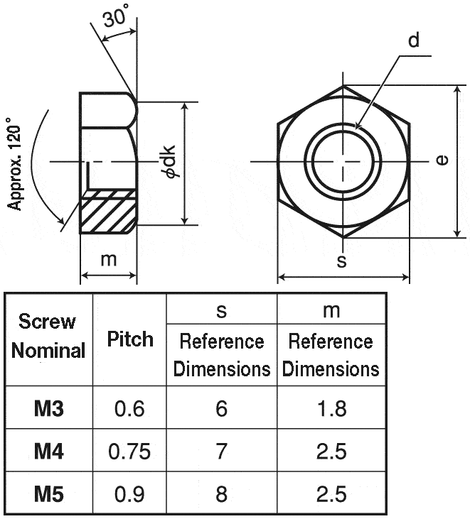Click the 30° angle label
(x=115, y=17)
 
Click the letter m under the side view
(x=108, y=260)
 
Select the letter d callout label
(x=413, y=40)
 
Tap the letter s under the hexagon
(x=342, y=261)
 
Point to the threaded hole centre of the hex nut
(x=343, y=161)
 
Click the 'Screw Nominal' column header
(x=48, y=336)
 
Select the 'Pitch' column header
(x=130, y=339)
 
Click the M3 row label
(x=49, y=408)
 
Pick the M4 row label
(x=49, y=451)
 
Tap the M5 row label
(x=49, y=493)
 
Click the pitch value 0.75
(x=130, y=451)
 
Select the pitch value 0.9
(x=130, y=493)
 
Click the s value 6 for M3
(x=222, y=408)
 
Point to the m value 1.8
(x=331, y=408)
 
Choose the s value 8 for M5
(x=222, y=493)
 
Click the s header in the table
(x=222, y=310)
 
